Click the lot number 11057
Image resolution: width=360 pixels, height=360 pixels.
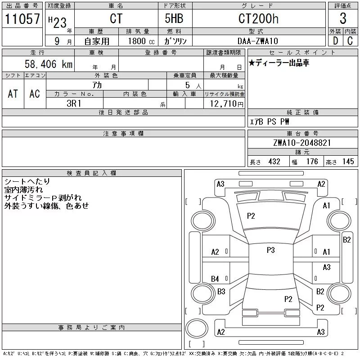click(22, 19)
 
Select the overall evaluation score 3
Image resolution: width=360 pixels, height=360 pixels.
click(343, 19)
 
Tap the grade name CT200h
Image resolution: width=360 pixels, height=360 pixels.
click(258, 19)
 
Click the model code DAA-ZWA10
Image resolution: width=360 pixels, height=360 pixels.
click(258, 41)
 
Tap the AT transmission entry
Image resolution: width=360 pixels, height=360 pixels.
click(13, 94)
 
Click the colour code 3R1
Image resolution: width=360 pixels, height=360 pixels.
click(74, 103)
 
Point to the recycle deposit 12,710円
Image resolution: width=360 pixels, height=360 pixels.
click(227, 104)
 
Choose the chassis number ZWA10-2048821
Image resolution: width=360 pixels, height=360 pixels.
click(302, 143)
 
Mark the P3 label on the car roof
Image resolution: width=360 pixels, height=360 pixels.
click(270, 250)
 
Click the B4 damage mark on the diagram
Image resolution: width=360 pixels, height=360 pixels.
click(215, 279)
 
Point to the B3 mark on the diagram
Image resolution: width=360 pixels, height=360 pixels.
click(221, 292)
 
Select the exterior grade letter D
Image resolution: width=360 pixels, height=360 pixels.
click(335, 41)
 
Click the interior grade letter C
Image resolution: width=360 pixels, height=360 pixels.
click(350, 41)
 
